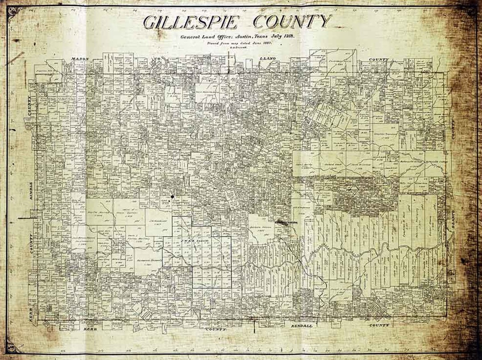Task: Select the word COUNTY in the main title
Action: [x=292, y=21]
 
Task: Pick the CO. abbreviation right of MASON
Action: [x=157, y=59]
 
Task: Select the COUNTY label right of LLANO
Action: [x=378, y=59]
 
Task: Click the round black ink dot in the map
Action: [x=172, y=196]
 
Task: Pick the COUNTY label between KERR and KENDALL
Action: [x=216, y=329]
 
